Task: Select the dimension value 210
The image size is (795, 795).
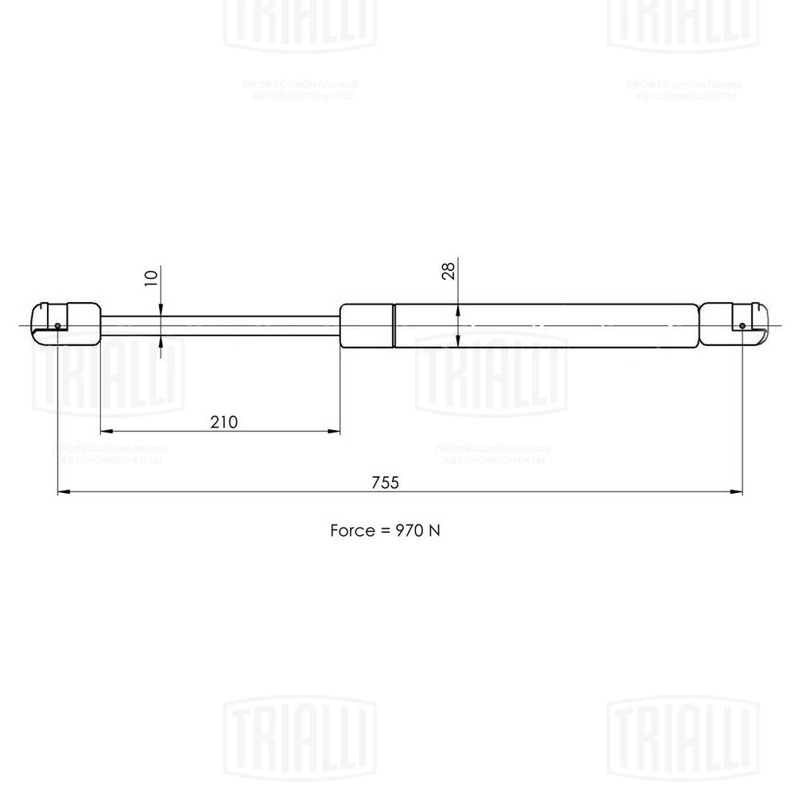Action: click(224, 421)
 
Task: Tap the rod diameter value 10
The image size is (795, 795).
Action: click(152, 277)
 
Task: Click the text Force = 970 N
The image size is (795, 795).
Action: click(385, 529)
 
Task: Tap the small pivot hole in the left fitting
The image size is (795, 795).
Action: click(59, 325)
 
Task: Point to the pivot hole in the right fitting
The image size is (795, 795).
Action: click(742, 325)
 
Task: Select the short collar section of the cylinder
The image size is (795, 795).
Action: click(367, 325)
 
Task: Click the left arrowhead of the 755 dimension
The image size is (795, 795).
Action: click(64, 492)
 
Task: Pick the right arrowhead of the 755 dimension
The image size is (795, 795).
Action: click(737, 492)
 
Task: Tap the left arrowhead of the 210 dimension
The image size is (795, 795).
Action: click(107, 432)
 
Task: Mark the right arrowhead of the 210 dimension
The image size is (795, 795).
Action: click(335, 432)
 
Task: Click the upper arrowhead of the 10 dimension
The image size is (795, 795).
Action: click(161, 311)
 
